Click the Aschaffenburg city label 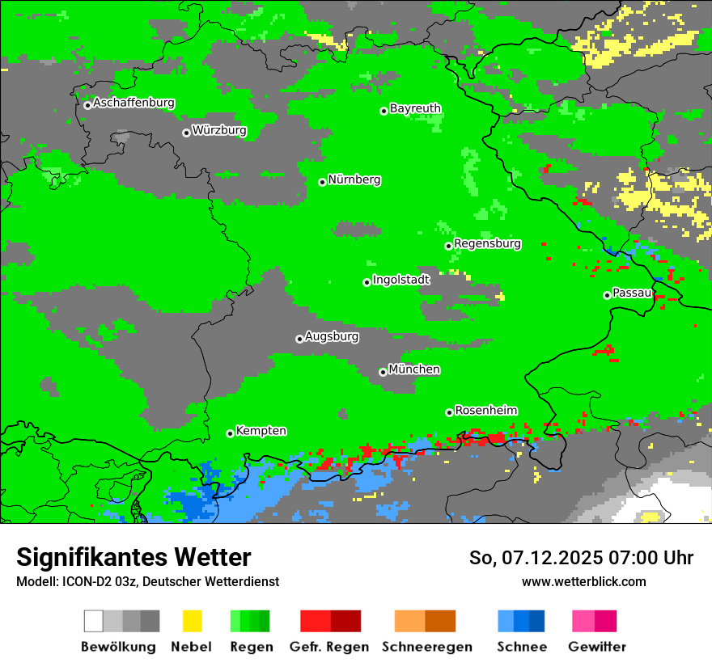pyautogui.click(x=133, y=103)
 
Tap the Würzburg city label pyautogui.click(x=219, y=131)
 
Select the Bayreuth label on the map pyautogui.click(x=415, y=108)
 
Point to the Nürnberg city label pyautogui.click(x=354, y=180)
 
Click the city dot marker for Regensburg pyautogui.click(x=448, y=246)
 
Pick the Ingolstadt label pyautogui.click(x=401, y=280)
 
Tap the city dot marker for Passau pyautogui.click(x=607, y=295)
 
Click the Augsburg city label pyautogui.click(x=332, y=336)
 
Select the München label pyautogui.click(x=414, y=369)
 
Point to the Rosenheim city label pyautogui.click(x=486, y=411)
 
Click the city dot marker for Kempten pyautogui.click(x=230, y=433)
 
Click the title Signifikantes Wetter pyautogui.click(x=133, y=558)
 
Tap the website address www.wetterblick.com pyautogui.click(x=584, y=581)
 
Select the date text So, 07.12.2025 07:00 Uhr pyautogui.click(x=581, y=558)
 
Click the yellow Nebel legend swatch pyautogui.click(x=192, y=621)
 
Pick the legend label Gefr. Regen pyautogui.click(x=329, y=647)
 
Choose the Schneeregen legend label pyautogui.click(x=426, y=647)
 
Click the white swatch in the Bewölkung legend pyautogui.click(x=94, y=621)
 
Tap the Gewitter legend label pyautogui.click(x=597, y=647)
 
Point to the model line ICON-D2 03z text pyautogui.click(x=147, y=581)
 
